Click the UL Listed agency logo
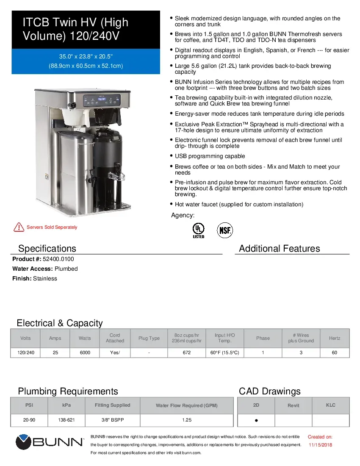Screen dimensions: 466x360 point(198,230)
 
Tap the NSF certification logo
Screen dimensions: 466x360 point(225,230)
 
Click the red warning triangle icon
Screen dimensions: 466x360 point(19,227)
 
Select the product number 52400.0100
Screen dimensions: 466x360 point(55,259)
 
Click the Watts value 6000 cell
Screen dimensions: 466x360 point(85,352)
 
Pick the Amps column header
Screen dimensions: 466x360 point(55,338)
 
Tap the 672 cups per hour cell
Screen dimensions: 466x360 point(186,352)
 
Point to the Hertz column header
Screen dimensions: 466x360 point(334,338)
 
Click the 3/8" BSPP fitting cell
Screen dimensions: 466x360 point(112,420)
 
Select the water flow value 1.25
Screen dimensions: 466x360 point(186,420)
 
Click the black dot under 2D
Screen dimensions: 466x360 point(256,421)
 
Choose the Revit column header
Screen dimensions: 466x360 point(293,405)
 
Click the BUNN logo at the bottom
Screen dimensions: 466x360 point(50,442)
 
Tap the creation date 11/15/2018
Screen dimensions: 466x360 point(320,445)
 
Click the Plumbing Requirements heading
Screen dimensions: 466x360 point(68,391)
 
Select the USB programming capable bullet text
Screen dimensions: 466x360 point(210,156)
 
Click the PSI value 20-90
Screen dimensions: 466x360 point(29,420)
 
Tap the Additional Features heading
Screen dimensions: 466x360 point(279,249)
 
